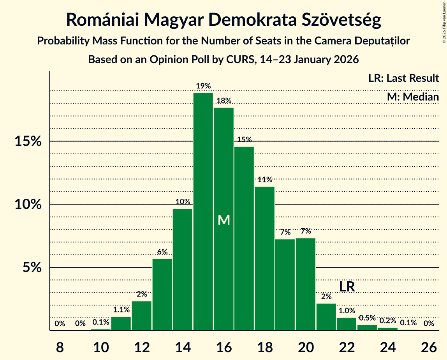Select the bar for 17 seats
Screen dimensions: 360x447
pyautogui.click(x=244, y=238)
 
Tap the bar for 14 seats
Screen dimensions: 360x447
pyautogui.click(x=183, y=270)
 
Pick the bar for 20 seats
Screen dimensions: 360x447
pyautogui.click(x=306, y=284)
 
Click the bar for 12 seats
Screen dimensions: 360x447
pyautogui.click(x=142, y=316)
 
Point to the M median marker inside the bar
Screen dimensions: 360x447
pyautogui.click(x=224, y=221)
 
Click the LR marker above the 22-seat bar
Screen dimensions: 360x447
pyautogui.click(x=347, y=287)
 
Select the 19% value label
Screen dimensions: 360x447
pyautogui.click(x=203, y=86)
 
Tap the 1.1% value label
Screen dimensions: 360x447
pyautogui.click(x=121, y=310)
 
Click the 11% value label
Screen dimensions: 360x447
pyautogui.click(x=265, y=180)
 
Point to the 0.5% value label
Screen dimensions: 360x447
pyautogui.click(x=367, y=318)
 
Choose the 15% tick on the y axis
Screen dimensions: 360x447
pyautogui.click(x=28, y=141)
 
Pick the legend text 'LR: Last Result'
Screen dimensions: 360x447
pyautogui.click(x=403, y=78)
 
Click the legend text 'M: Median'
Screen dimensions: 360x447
pyautogui.click(x=413, y=97)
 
